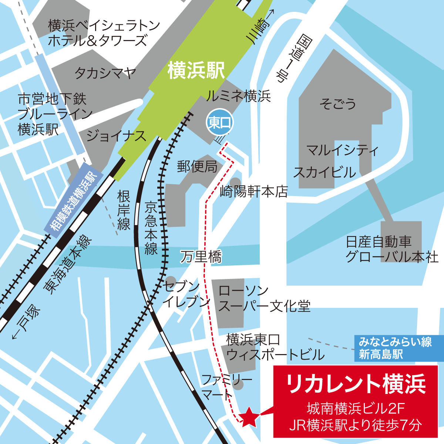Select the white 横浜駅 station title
tap(196, 70)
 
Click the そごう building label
tap(338, 104)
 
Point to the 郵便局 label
tap(197, 166)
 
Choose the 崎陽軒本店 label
tap(254, 191)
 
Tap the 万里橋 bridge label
tap(201, 256)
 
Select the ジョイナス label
tap(116, 136)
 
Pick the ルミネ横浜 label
tap(238, 96)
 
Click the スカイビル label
tap(324, 172)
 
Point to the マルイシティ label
tap(343, 150)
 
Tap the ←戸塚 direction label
tap(26, 322)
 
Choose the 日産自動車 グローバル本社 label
tap(392, 249)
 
